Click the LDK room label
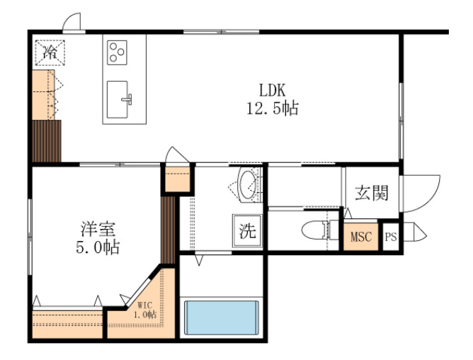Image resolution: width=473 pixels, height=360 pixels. (x=271, y=91)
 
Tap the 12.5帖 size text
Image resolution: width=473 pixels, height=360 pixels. (x=271, y=108)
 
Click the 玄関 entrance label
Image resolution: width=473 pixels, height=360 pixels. (x=371, y=193)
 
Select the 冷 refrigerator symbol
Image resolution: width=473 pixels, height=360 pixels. (x=50, y=51)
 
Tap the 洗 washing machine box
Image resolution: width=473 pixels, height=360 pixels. (x=247, y=230)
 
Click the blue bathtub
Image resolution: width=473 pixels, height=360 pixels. (x=222, y=317)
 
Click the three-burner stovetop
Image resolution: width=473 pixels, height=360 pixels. (x=118, y=51)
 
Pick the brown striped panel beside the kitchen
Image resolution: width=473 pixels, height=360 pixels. (x=47, y=142)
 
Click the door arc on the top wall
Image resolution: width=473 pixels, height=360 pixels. (x=71, y=23)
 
